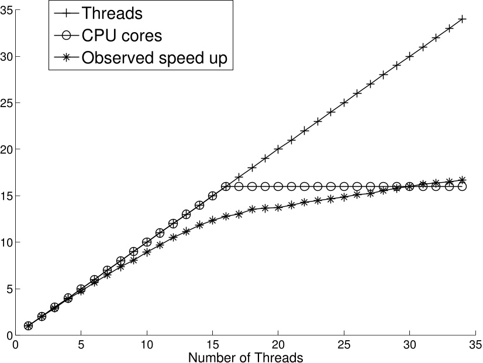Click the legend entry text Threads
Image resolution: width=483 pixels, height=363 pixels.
click(x=113, y=12)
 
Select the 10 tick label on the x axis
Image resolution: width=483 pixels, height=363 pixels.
click(x=147, y=344)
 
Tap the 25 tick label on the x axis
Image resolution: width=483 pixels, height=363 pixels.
click(x=344, y=344)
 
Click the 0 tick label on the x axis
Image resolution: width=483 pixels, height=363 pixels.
click(x=15, y=344)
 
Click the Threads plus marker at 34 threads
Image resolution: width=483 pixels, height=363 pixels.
click(x=462, y=19)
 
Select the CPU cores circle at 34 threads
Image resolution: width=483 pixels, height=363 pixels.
click(x=462, y=186)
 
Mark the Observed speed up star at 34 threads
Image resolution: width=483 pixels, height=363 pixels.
click(x=462, y=180)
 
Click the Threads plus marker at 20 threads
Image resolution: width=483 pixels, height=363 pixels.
click(x=278, y=149)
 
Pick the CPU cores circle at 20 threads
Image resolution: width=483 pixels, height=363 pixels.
click(x=278, y=186)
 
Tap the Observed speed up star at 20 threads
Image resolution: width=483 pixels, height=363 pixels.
click(x=278, y=207)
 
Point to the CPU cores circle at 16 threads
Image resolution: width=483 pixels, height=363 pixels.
click(x=226, y=186)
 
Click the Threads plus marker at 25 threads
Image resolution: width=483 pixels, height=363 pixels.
click(x=344, y=102)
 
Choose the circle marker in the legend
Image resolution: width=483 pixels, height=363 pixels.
click(x=66, y=35)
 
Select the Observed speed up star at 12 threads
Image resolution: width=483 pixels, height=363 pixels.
click(x=173, y=238)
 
